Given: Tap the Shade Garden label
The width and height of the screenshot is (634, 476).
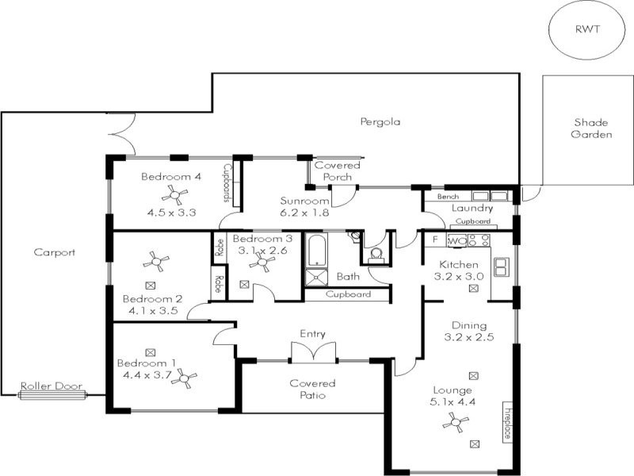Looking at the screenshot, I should coord(592,129).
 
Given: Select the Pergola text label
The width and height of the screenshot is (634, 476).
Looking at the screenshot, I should coord(380,122).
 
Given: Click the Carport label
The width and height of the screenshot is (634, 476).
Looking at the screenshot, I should coord(54,252).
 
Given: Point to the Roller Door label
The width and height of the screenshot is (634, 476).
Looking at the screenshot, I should coord(52,386).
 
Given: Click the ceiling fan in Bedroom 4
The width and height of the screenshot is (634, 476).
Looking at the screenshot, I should coord(172,194).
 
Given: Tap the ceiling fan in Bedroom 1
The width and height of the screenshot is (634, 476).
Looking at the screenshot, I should coord(187,379).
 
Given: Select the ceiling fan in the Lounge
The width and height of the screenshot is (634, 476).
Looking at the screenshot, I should coord(454,425).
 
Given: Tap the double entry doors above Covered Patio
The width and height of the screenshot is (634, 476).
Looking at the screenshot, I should coord(308,351).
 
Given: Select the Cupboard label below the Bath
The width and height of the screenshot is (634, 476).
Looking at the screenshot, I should coord(348,294).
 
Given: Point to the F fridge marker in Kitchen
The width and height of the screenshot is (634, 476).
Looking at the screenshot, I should coord(435,239).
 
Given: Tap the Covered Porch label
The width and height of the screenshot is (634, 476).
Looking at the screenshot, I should coord(338,171).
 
